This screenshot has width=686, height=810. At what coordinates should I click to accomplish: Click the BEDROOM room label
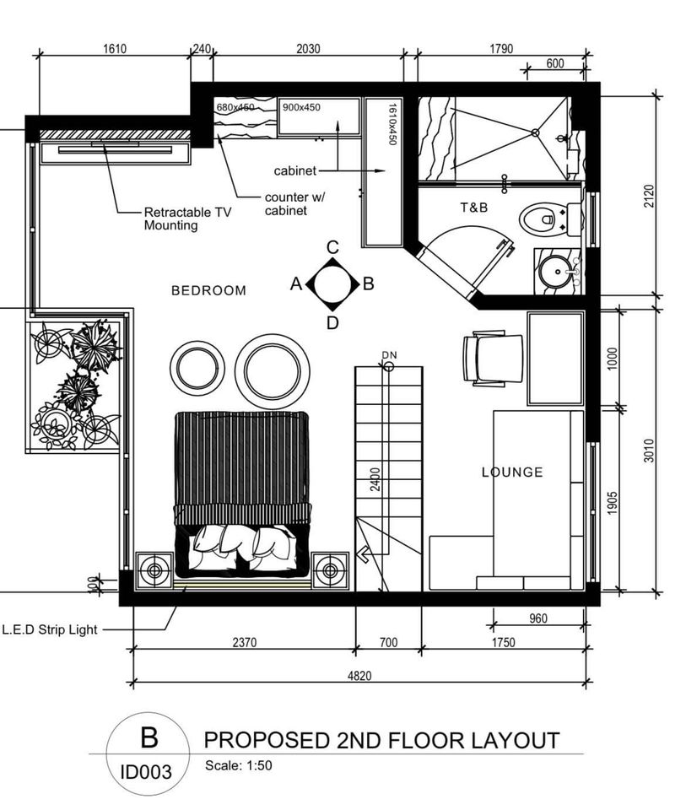click(208, 290)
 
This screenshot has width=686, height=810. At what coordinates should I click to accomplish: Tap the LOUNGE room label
click(512, 472)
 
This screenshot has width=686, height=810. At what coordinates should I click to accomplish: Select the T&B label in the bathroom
click(474, 208)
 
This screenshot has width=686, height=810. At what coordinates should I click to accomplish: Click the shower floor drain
click(536, 132)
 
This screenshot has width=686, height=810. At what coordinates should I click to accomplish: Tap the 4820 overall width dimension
click(359, 676)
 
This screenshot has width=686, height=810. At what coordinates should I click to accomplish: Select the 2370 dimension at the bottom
click(245, 643)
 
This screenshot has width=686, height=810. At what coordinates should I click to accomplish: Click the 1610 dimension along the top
click(115, 49)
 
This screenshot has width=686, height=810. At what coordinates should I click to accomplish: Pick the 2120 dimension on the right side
click(649, 197)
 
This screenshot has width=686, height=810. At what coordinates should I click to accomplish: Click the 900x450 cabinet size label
click(301, 107)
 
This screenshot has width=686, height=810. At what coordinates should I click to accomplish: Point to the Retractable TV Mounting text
click(188, 219)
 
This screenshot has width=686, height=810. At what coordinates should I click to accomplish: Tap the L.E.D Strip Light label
click(50, 629)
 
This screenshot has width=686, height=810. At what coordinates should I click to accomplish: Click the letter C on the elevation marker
click(332, 247)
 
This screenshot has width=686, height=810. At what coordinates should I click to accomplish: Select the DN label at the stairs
click(390, 355)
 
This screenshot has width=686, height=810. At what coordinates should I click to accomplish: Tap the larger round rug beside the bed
click(273, 371)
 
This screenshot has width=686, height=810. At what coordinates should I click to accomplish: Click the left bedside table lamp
click(154, 570)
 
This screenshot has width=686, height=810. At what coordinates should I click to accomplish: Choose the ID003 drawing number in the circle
click(146, 772)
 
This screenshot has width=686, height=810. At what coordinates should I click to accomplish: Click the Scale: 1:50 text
click(239, 765)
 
